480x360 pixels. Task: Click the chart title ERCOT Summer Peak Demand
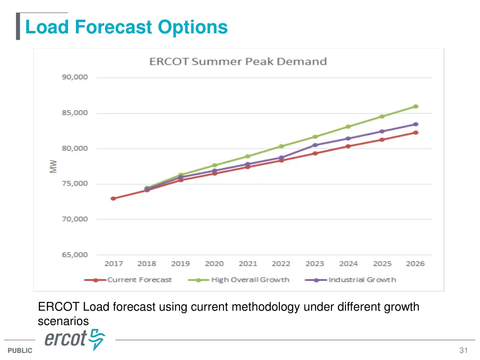click(238, 61)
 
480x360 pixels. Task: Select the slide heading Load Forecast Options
click(126, 27)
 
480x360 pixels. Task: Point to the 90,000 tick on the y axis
click(75, 77)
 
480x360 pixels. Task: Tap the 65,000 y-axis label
click(75, 255)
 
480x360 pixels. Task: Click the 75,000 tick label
click(75, 184)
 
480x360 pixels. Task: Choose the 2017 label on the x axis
click(113, 264)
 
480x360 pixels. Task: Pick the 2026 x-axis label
click(415, 264)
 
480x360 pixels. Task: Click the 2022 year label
click(281, 264)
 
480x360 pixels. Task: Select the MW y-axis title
click(54, 166)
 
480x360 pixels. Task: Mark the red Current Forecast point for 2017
click(113, 198)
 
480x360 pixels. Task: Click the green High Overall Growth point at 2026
click(415, 106)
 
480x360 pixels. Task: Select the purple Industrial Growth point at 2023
click(315, 145)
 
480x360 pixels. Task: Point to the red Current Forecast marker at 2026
click(415, 133)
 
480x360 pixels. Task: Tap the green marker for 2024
click(348, 127)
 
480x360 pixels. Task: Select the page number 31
click(464, 351)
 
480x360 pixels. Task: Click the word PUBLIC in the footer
click(20, 351)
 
